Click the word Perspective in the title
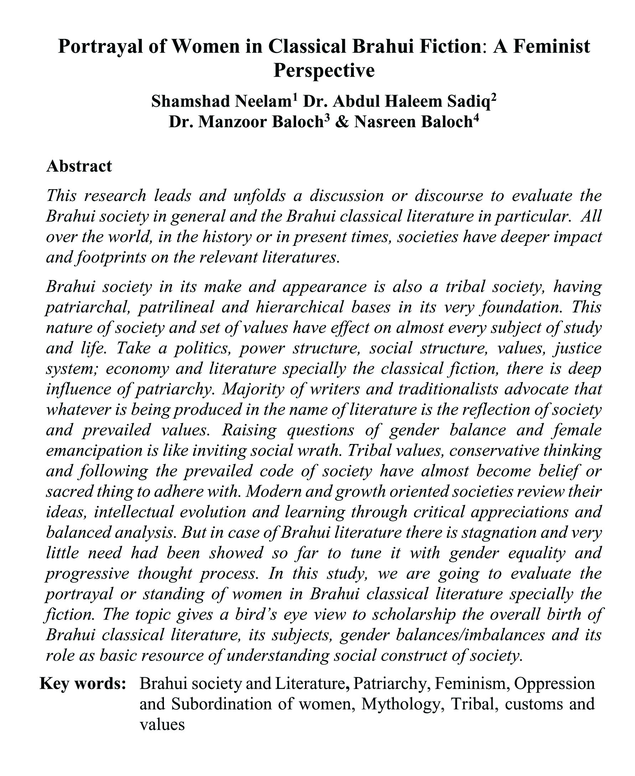point(324,71)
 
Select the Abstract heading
point(79,166)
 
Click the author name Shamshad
point(191,102)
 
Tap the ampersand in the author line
point(342,122)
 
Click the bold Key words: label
point(83,683)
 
